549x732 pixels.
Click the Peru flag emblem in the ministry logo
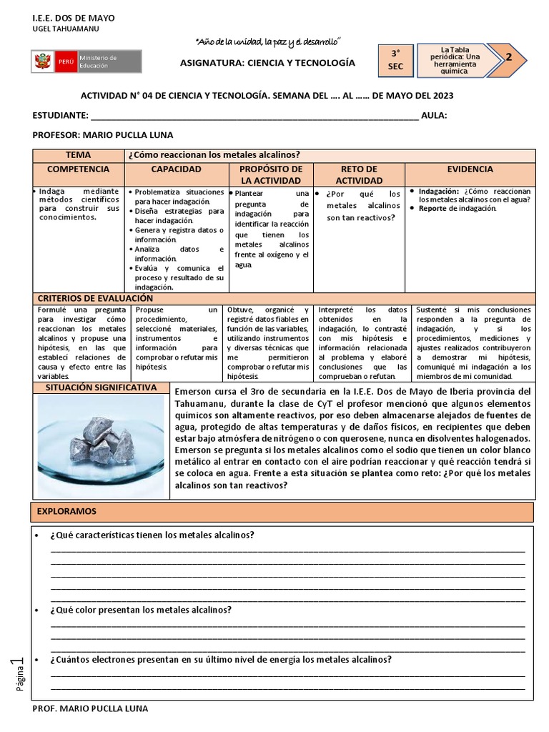pos(44,61)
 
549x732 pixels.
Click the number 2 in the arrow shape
pos(509,59)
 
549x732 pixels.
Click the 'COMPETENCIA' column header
pos(78,169)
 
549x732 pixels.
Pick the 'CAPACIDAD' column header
pos(176,169)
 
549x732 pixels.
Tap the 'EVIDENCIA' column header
pos(470,169)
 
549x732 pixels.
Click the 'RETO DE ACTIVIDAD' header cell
pos(360,174)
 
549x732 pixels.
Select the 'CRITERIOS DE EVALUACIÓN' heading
pos(95,298)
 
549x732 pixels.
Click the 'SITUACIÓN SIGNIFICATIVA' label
pos(100,387)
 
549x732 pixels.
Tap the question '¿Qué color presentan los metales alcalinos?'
pos(141,610)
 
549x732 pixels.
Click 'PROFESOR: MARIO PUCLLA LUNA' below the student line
pos(103,134)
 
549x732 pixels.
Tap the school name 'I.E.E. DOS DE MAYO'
pos(74,17)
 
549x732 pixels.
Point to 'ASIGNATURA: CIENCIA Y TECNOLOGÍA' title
pos(267,63)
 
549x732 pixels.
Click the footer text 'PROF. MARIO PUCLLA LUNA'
pos(91,708)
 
